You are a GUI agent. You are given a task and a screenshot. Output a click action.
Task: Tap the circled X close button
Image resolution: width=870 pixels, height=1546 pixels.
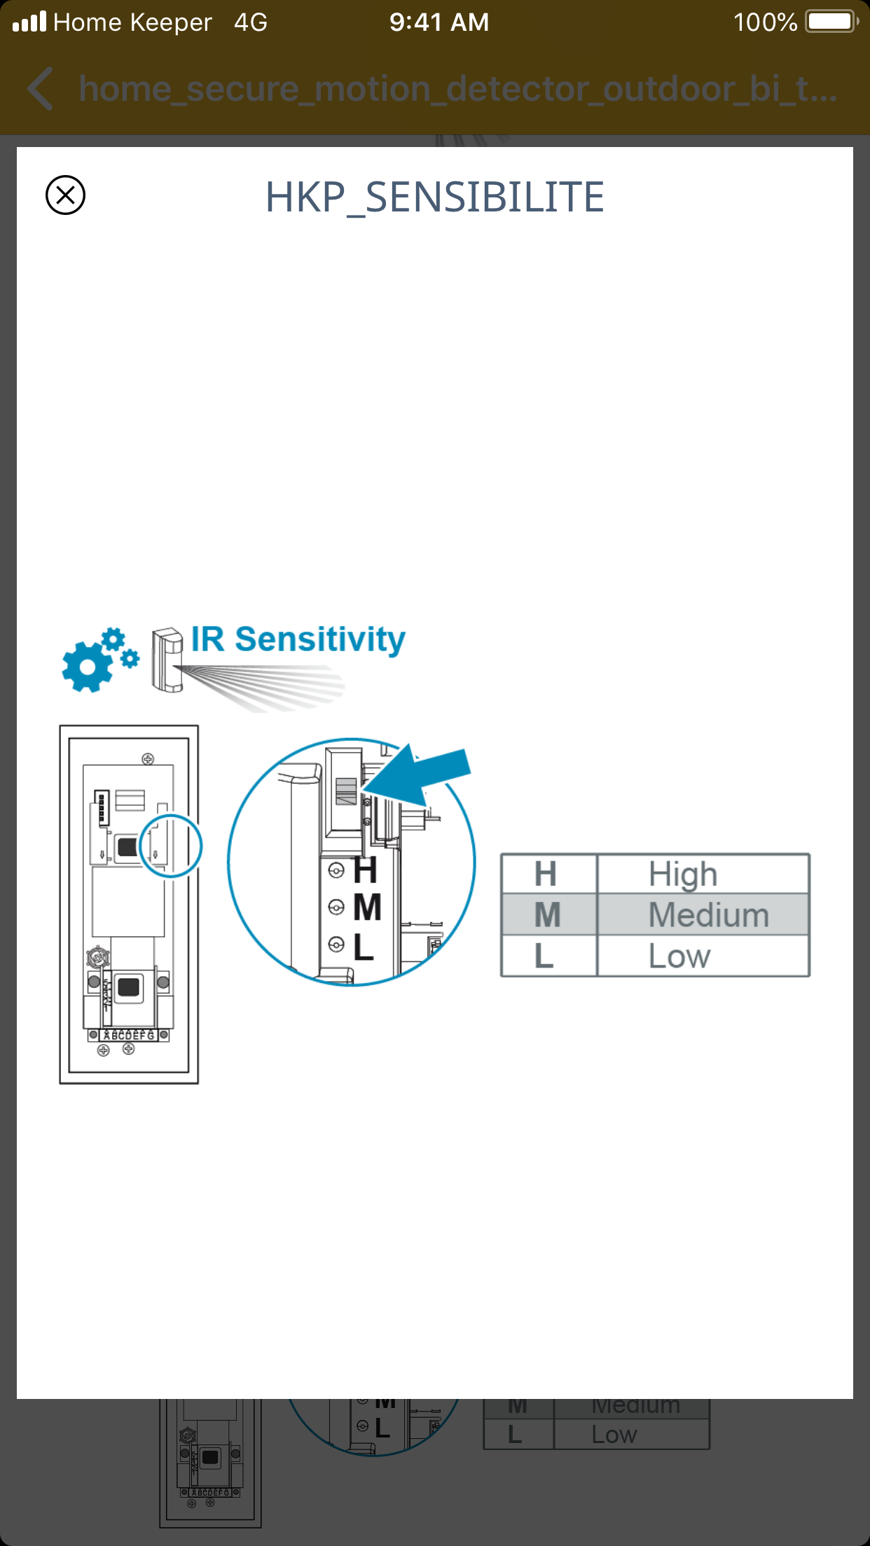click(65, 195)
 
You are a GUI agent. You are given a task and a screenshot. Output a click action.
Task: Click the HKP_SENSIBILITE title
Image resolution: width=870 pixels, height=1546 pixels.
click(434, 197)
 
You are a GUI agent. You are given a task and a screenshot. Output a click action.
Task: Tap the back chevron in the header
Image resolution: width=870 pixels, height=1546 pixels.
click(41, 89)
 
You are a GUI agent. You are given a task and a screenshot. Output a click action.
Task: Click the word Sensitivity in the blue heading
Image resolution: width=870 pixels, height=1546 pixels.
click(320, 639)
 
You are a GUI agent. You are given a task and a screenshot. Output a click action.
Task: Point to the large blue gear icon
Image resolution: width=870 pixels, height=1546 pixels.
click(87, 666)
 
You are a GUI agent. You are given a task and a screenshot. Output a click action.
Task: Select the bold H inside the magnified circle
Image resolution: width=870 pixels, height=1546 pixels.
click(366, 871)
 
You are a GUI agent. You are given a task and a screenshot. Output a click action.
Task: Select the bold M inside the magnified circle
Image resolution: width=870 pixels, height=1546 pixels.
click(367, 908)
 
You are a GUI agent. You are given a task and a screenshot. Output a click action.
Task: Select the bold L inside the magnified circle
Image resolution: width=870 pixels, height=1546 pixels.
click(364, 947)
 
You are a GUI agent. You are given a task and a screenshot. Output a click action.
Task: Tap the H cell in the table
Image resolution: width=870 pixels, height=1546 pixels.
click(546, 874)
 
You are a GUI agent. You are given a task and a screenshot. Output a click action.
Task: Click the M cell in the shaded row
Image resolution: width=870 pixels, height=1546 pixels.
click(547, 914)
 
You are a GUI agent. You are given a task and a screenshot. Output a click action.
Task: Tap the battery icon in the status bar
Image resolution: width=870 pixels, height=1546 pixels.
click(831, 22)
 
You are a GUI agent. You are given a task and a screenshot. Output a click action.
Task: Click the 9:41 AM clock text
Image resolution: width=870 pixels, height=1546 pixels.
click(439, 22)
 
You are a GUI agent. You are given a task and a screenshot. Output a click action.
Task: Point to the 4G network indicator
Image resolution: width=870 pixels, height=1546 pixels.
click(251, 22)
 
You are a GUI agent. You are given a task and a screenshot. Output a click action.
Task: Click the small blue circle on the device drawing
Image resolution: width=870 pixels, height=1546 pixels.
click(171, 846)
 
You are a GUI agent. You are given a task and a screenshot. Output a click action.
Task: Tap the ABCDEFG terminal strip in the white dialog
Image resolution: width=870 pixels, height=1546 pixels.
click(129, 1035)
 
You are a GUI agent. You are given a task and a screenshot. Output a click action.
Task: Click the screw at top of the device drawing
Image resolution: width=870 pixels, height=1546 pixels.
click(148, 759)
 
